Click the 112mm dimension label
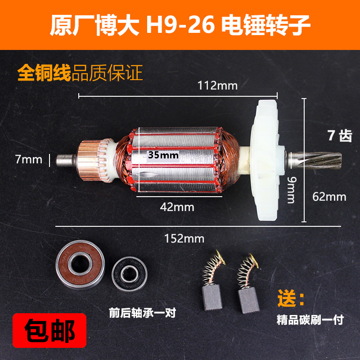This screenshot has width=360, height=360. [217, 85]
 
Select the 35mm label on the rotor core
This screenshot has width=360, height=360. [163, 155]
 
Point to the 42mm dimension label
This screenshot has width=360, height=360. [177, 207]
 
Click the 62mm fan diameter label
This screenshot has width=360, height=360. [329, 197]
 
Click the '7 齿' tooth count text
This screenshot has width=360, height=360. [340, 135]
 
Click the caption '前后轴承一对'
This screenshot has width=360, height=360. [142, 311]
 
